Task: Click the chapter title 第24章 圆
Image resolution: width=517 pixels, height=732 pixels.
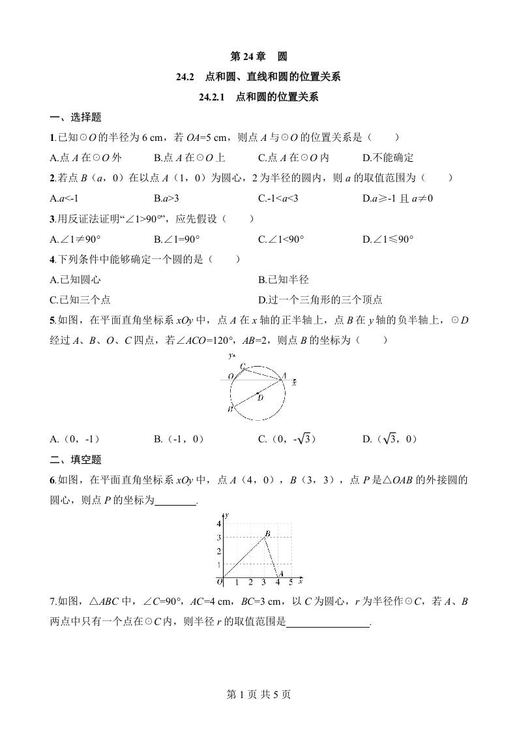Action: pyautogui.click(x=258, y=56)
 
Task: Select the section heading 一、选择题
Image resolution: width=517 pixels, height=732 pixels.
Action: pyautogui.click(x=76, y=117)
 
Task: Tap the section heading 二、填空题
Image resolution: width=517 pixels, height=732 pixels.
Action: pyautogui.click(x=76, y=459)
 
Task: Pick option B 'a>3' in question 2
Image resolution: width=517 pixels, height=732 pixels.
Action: pyautogui.click(x=166, y=198)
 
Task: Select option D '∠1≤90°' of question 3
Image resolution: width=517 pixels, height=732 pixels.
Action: pyautogui.click(x=388, y=239)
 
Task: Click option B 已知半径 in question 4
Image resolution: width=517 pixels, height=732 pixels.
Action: pyautogui.click(x=283, y=280)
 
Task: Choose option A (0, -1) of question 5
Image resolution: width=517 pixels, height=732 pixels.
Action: pyautogui.click(x=75, y=439)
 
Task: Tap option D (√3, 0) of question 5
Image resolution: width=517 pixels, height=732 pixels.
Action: pyautogui.click(x=389, y=439)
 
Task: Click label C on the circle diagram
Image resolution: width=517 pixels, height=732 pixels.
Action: pyautogui.click(x=242, y=367)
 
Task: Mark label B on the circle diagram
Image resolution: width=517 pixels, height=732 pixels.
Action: pyautogui.click(x=230, y=410)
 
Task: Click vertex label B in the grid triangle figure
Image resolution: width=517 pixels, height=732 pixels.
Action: pyautogui.click(x=267, y=533)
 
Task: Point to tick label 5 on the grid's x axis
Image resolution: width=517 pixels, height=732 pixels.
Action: pyautogui.click(x=291, y=582)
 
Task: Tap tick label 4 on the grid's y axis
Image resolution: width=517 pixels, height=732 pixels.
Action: pyautogui.click(x=220, y=524)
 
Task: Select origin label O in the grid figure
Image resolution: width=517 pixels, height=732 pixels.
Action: pyautogui.click(x=220, y=582)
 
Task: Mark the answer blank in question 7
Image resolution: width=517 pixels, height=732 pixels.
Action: pyautogui.click(x=328, y=622)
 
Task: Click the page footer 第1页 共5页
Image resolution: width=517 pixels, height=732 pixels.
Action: pyautogui.click(x=258, y=695)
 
